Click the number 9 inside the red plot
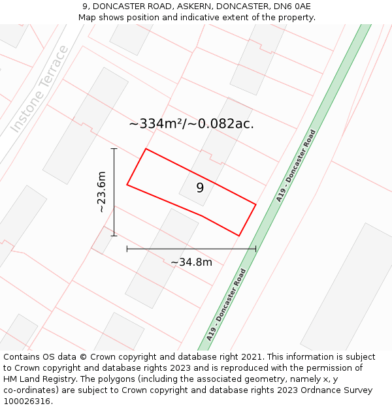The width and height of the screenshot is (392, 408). coord(200,188)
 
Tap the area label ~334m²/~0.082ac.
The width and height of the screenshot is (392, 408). coord(191,123)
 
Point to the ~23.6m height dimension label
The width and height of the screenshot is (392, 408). coord(101,192)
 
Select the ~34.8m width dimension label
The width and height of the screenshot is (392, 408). coord(191,262)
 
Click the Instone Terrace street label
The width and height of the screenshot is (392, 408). coord(39,89)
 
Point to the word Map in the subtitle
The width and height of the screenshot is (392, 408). coord(88,17)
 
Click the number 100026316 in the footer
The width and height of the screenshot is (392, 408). coord(27,401)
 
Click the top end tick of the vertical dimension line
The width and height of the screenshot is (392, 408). coord(114,149)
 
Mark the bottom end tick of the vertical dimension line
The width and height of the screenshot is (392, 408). coord(114,235)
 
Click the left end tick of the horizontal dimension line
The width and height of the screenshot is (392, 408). coord(127,249)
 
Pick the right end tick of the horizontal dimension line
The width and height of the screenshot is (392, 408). coord(255,249)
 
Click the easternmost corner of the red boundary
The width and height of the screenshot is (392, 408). coord(255,205)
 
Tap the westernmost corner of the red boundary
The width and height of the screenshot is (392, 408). coord(127,185)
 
